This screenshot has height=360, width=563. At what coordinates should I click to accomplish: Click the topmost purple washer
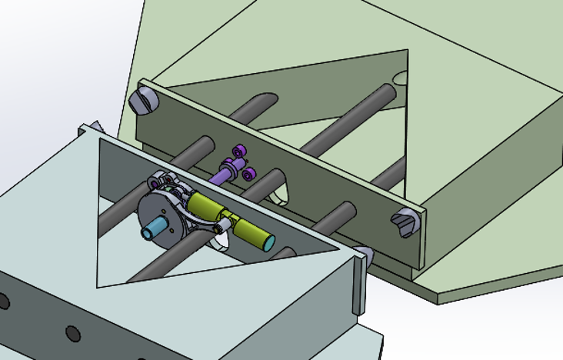pos(242,150)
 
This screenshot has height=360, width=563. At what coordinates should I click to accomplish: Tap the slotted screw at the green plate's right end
pos(405,222)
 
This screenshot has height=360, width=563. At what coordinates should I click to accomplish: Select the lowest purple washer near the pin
pos(249,176)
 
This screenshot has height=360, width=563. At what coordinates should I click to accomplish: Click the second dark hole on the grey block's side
pos(73,334)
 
